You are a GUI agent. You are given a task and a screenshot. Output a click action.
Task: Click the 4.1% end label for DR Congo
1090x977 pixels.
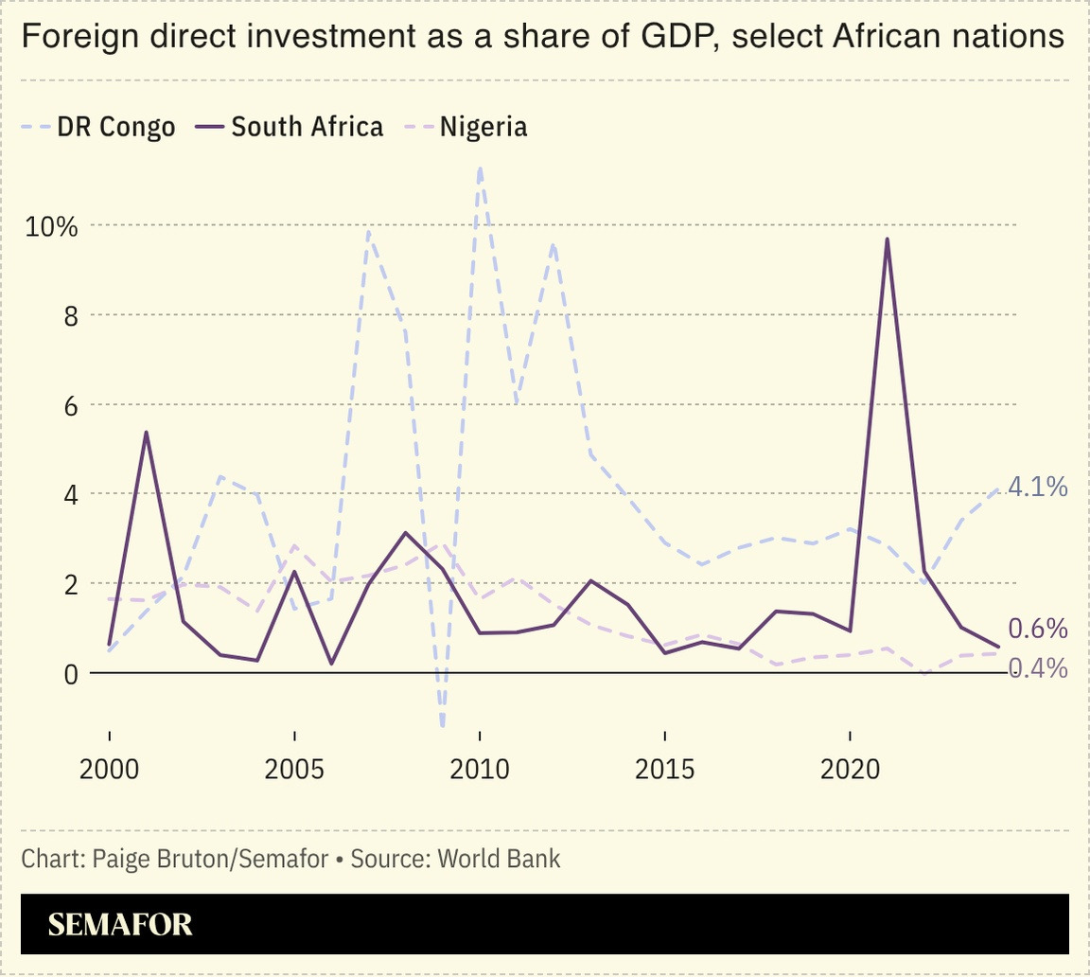tap(1038, 488)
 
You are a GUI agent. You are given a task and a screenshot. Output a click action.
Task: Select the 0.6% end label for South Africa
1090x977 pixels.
tap(1038, 629)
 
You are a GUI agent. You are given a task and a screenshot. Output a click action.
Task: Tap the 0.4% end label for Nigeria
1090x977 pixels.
tap(1038, 668)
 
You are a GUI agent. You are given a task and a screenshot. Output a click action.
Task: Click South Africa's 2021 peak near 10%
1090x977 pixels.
tap(888, 240)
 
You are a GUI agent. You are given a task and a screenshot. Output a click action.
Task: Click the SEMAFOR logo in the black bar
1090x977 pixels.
tap(120, 924)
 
